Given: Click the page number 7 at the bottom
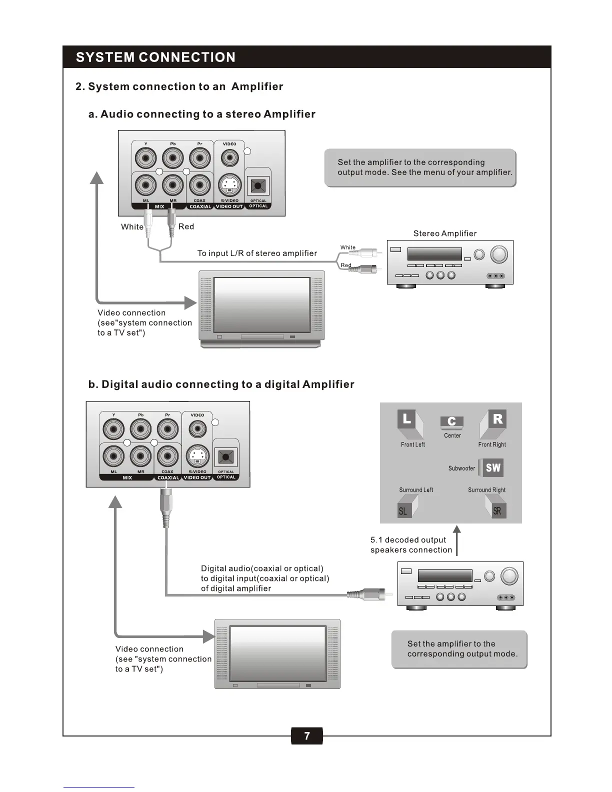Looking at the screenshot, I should (x=306, y=735).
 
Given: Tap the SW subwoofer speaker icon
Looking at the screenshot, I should (x=492, y=467).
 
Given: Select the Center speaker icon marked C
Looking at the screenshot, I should (x=452, y=421).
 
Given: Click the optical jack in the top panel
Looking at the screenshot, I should (x=258, y=186).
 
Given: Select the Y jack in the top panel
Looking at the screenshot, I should (x=145, y=158).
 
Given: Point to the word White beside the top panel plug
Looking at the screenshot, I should (x=132, y=227).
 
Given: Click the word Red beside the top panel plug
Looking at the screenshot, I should (x=186, y=226).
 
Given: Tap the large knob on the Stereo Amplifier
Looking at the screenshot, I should (x=498, y=254).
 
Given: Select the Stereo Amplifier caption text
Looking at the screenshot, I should (x=444, y=233).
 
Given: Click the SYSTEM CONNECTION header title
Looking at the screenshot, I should (x=155, y=57).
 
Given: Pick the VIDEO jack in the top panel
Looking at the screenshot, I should (x=229, y=158).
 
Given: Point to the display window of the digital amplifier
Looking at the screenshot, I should (x=444, y=575).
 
